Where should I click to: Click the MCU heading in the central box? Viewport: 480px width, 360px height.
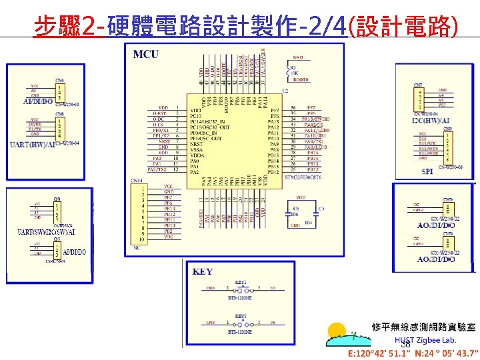(146, 53)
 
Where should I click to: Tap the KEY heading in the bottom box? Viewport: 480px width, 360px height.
(203, 272)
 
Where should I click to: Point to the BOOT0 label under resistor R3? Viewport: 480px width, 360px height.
(301, 79)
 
